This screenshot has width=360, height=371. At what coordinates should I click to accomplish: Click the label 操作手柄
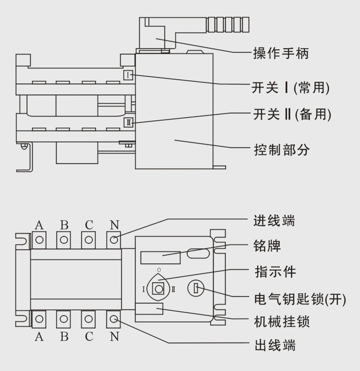click(x=281, y=53)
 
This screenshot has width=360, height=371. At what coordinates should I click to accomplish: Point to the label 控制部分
click(x=281, y=149)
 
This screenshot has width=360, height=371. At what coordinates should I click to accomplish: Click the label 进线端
click(x=274, y=221)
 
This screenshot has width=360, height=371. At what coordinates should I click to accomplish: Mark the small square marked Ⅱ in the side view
click(x=129, y=122)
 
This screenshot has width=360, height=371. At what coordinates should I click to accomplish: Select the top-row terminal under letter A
click(x=39, y=239)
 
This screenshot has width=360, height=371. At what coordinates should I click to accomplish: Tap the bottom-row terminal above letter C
click(x=89, y=318)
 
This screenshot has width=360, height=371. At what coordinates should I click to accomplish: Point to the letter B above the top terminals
click(x=64, y=225)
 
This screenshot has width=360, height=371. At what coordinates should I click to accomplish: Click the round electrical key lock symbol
click(x=195, y=289)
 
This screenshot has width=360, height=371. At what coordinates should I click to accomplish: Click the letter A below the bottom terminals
click(x=39, y=337)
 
